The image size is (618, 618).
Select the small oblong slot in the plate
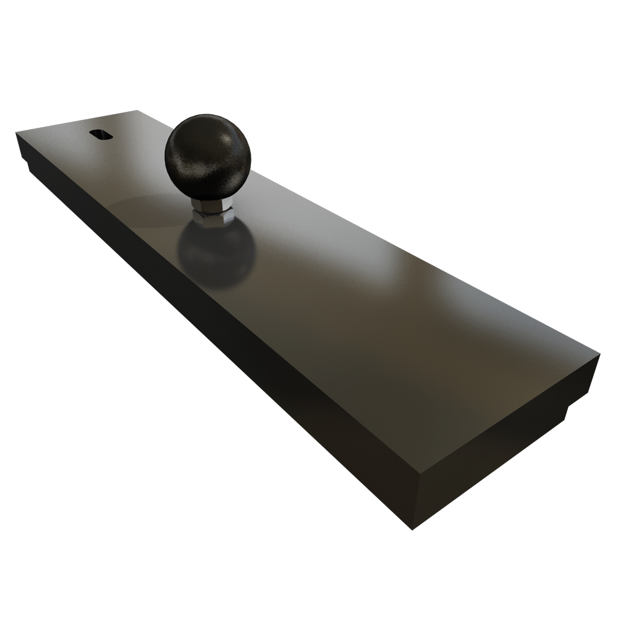coord(99,134)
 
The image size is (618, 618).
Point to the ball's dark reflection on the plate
coord(218,256)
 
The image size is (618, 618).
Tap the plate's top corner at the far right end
coord(599,355)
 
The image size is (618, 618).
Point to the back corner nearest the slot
coord(136,111)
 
